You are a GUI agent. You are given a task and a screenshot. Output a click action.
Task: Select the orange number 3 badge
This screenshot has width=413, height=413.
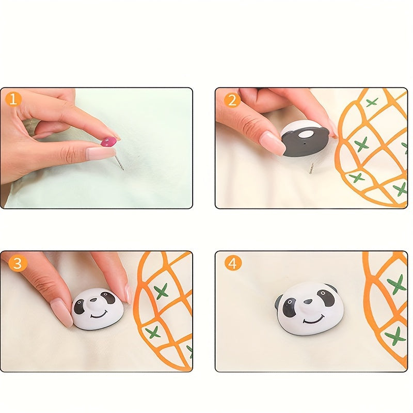18,263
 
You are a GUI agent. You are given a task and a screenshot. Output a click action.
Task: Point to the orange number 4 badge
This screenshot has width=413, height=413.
233,263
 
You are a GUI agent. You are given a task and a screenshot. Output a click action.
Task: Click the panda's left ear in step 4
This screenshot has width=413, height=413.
279,301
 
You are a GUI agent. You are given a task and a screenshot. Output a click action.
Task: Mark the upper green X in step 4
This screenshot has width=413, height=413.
396,283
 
